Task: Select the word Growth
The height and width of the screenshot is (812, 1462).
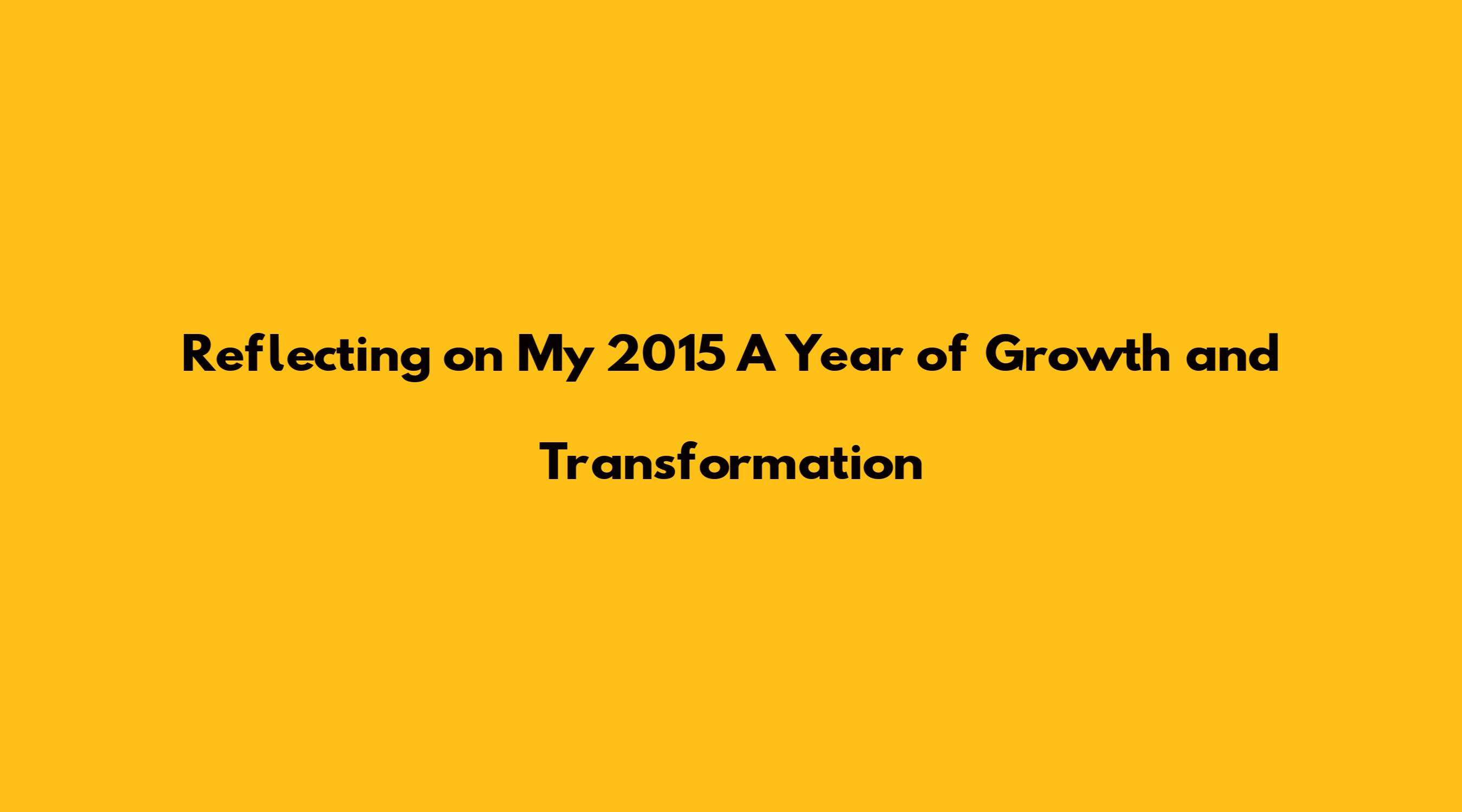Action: [x=1078, y=355]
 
